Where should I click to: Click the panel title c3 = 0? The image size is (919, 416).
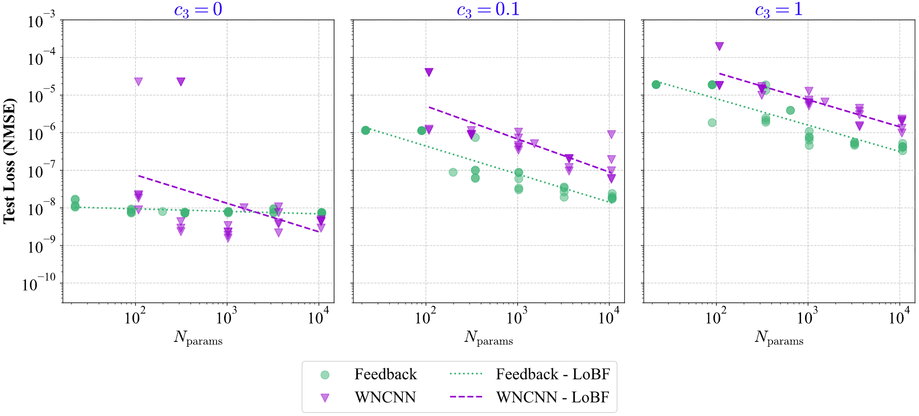click(x=198, y=10)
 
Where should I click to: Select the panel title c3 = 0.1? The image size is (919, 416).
click(x=488, y=10)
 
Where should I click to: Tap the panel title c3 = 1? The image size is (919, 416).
click(x=778, y=10)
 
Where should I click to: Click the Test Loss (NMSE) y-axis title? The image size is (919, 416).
click(x=9, y=161)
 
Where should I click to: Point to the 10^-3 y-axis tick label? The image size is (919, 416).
click(x=42, y=21)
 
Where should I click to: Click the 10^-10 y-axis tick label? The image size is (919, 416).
click(x=39, y=283)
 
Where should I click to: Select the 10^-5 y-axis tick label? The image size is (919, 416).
click(x=42, y=96)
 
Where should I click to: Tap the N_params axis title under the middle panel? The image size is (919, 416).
click(x=488, y=337)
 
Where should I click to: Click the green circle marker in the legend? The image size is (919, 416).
click(x=325, y=375)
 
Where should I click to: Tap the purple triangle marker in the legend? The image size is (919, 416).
click(x=325, y=397)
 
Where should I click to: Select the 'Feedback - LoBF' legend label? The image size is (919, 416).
click(x=553, y=374)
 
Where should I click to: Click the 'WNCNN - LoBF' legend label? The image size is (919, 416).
click(x=553, y=397)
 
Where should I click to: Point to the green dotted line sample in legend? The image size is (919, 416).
click(x=466, y=374)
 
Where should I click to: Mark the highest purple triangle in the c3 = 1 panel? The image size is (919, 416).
click(x=719, y=46)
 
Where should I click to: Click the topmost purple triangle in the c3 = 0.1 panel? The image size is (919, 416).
click(x=429, y=72)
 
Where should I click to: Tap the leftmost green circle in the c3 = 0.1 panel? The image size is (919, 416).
click(x=365, y=130)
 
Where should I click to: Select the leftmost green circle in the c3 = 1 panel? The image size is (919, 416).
click(x=656, y=84)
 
